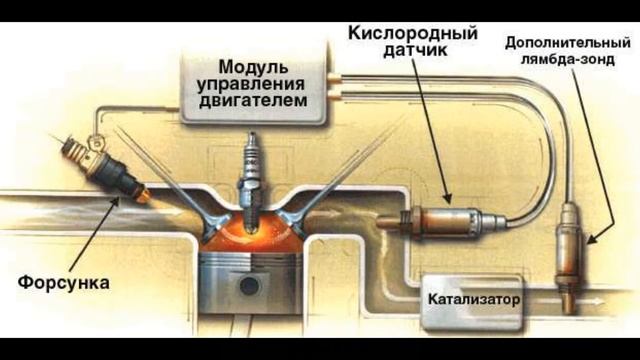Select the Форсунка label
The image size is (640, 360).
pyautogui.click(x=62, y=283)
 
